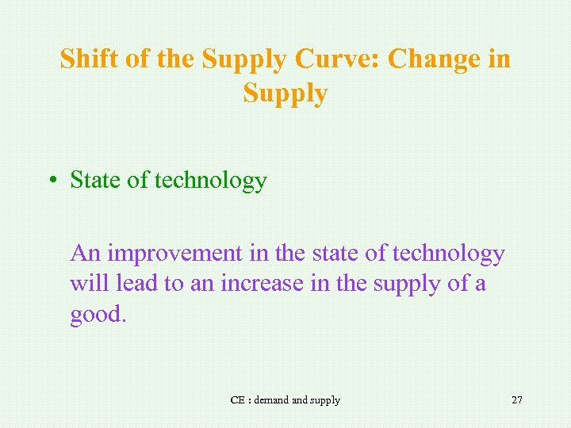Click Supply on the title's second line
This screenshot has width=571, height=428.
click(x=285, y=94)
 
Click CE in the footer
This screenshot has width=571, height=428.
click(x=237, y=400)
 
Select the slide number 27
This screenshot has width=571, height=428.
click(x=516, y=400)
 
